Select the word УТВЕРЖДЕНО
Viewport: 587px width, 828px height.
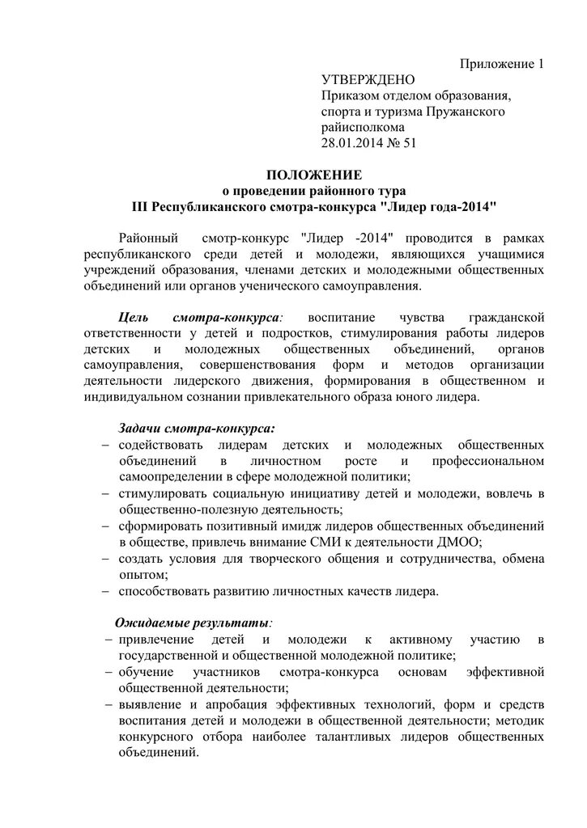(368, 80)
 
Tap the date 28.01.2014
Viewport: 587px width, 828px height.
(357, 142)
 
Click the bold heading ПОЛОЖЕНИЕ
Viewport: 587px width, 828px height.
(315, 175)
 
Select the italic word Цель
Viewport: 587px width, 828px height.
(133, 318)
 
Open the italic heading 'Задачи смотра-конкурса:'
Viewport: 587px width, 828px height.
(197, 429)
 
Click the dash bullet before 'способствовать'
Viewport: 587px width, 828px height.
(107, 592)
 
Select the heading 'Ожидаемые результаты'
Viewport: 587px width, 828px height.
(192, 623)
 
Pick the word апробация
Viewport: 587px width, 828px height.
(229, 704)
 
